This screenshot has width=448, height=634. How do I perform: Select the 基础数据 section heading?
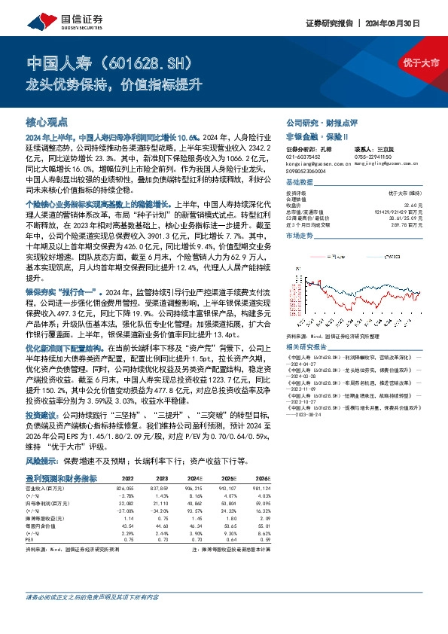pos(300,184)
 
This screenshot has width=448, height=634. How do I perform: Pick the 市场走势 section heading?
pos(300,236)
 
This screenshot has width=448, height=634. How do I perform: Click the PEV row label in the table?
pos(31,538)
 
